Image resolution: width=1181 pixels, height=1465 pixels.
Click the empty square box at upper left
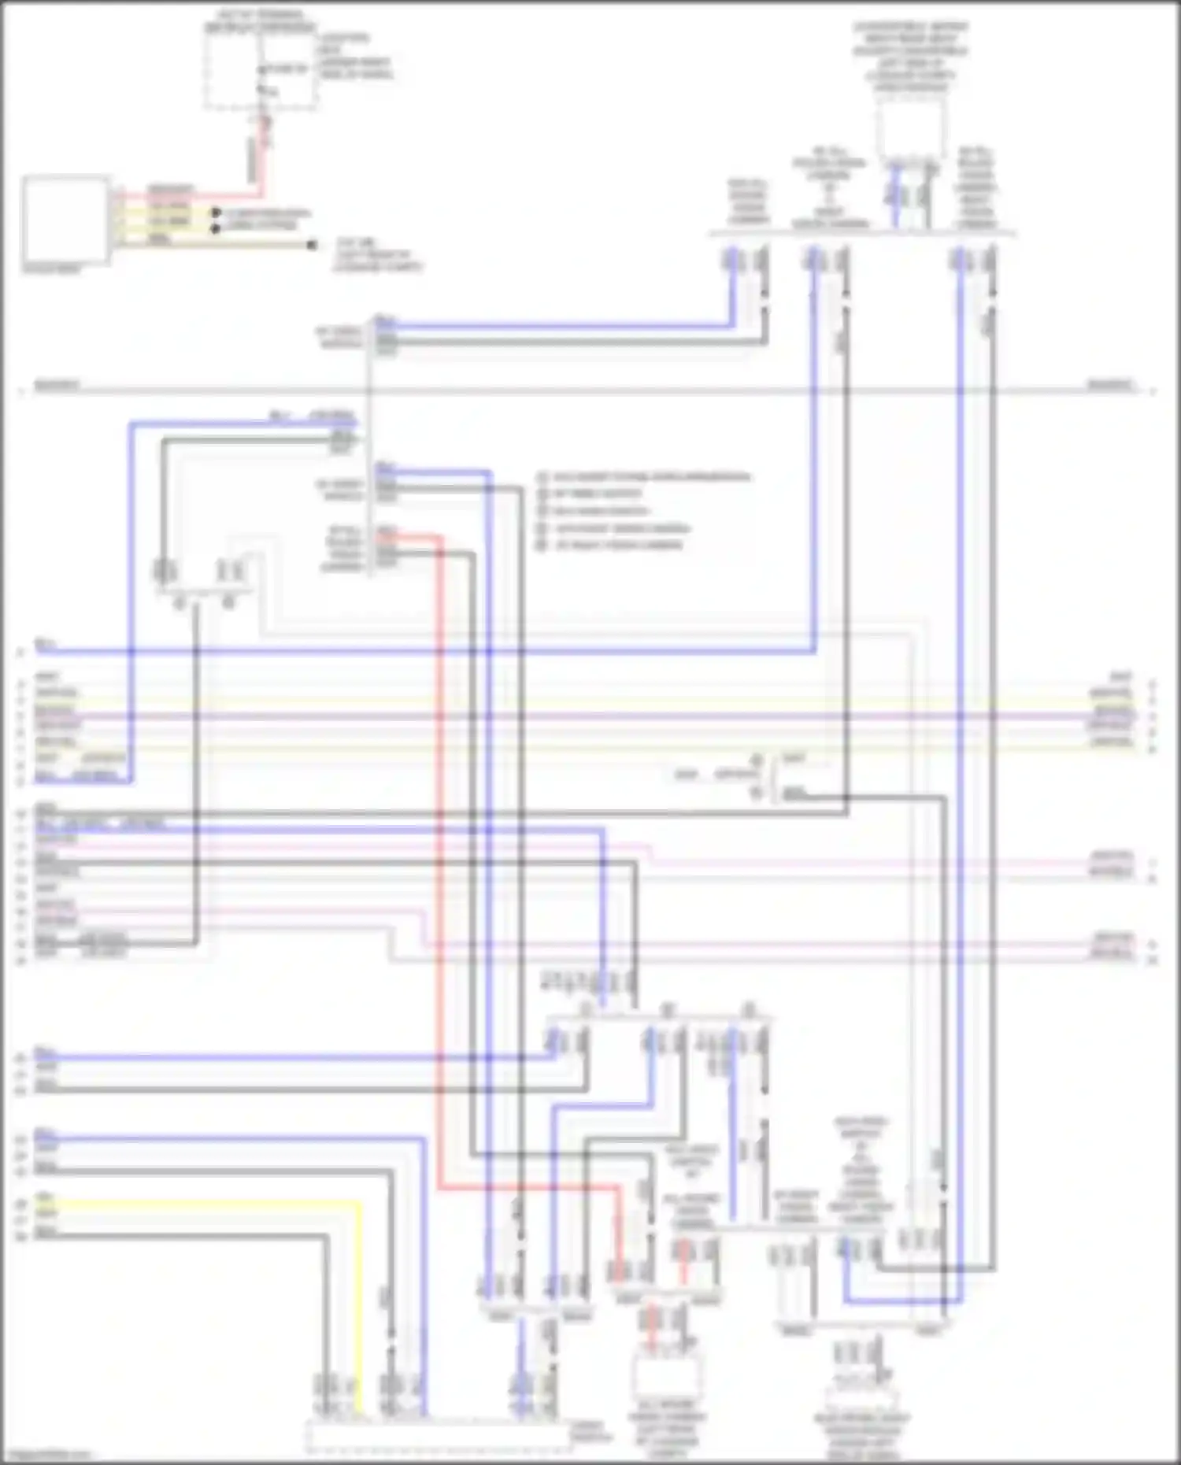(66, 220)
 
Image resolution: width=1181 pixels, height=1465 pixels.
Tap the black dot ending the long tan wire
(313, 246)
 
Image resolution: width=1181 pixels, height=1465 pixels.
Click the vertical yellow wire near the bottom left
(361, 1307)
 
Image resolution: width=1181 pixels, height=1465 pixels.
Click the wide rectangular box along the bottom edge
(438, 1437)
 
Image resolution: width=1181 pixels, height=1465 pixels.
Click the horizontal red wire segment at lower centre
(528, 1188)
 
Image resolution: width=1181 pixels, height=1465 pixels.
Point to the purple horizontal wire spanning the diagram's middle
(583, 716)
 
